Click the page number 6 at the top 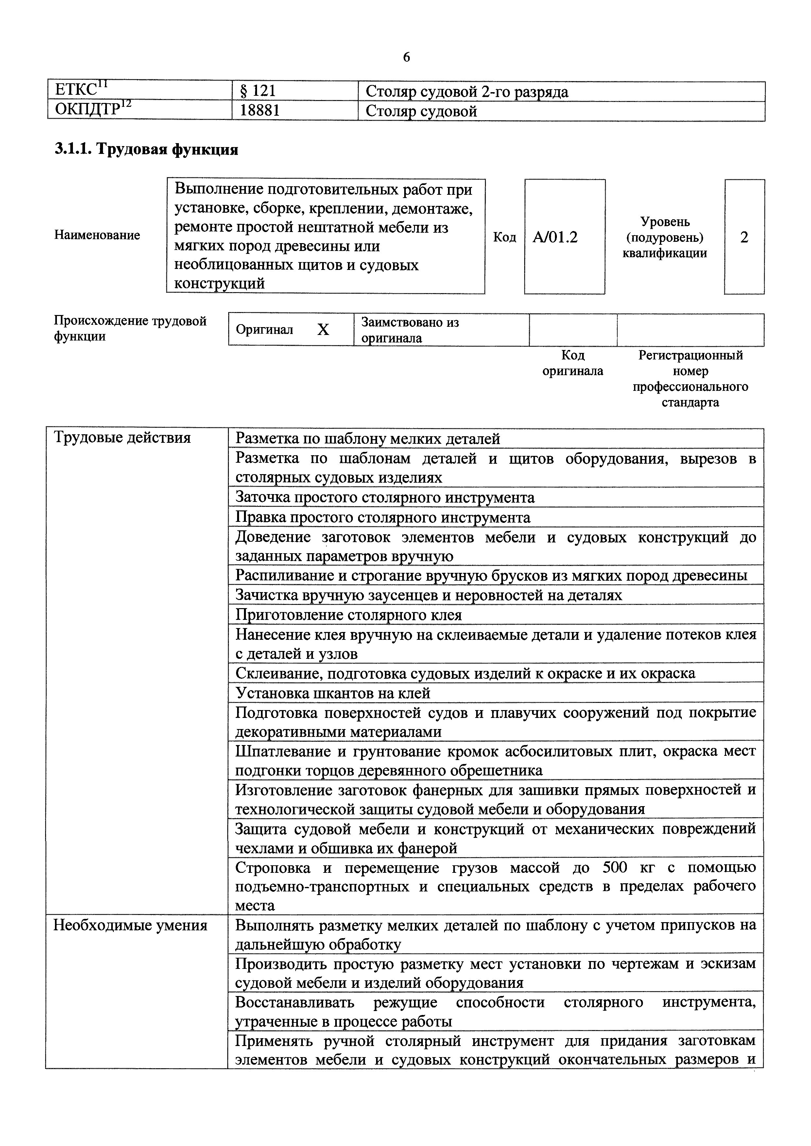pos(406,58)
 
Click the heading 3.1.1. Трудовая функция pos(146,149)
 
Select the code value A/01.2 pos(555,238)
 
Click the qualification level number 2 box pos(744,238)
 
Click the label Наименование pos(97,235)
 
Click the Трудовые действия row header pos(122,438)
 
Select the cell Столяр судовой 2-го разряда pos(466,92)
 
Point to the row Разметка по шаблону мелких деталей pos(368,439)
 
